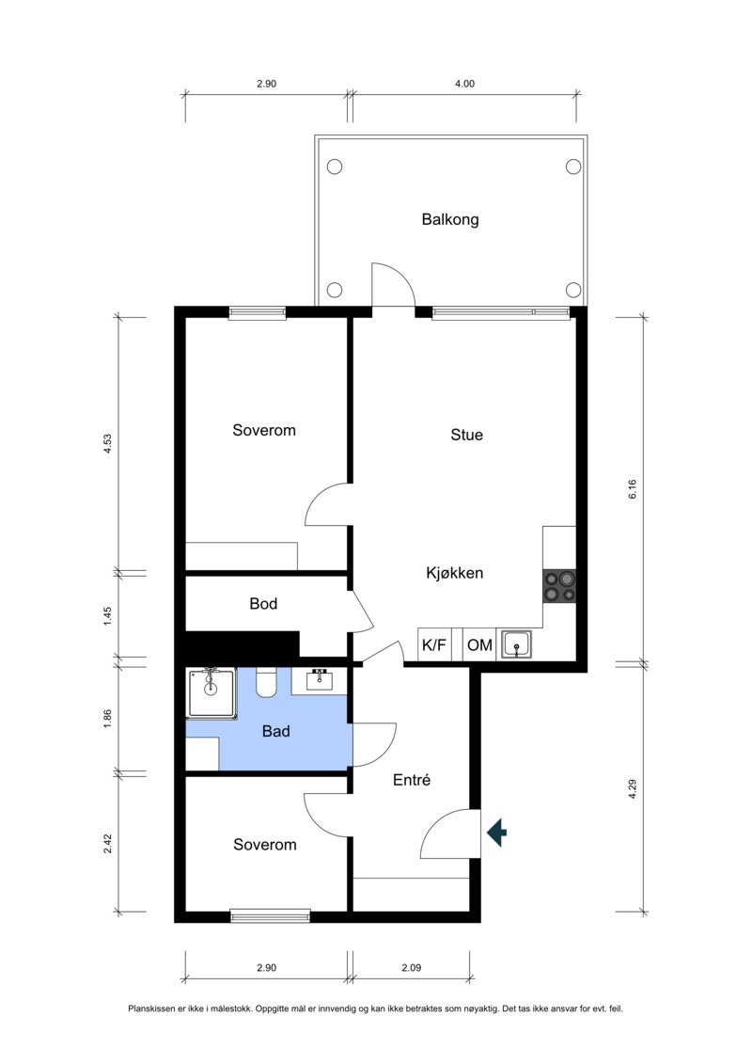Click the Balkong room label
pyautogui.click(x=450, y=219)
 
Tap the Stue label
pyautogui.click(x=466, y=435)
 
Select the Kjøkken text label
pyautogui.click(x=454, y=572)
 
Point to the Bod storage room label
pyautogui.click(x=263, y=603)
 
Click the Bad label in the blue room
pyautogui.click(x=275, y=730)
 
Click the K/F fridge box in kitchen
pyautogui.click(x=434, y=645)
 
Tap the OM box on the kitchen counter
pyautogui.click(x=479, y=645)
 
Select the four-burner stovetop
pyautogui.click(x=559, y=586)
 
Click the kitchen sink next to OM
pyautogui.click(x=517, y=645)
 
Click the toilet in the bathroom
pyautogui.click(x=267, y=683)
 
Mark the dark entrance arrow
pyautogui.click(x=497, y=832)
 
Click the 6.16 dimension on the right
pyautogui.click(x=633, y=488)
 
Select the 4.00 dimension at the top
pyautogui.click(x=464, y=84)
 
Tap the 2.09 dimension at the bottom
pyautogui.click(x=410, y=967)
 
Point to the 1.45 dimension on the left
pyautogui.click(x=108, y=616)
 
